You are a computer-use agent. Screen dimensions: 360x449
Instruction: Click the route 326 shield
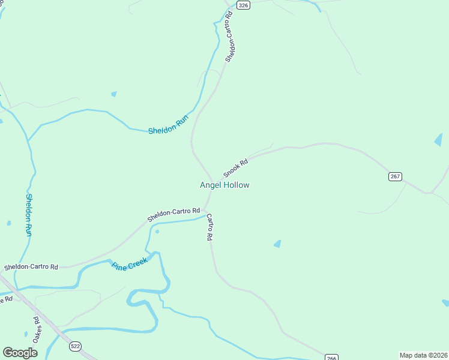[243, 5]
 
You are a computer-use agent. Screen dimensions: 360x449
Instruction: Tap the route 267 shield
[395, 176]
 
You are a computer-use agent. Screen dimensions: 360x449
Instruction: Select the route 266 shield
[332, 356]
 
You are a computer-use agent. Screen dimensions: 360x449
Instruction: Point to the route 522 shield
[75, 346]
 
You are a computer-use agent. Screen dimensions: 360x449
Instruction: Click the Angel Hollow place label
[224, 185]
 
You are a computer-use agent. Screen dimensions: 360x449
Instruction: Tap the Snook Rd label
[235, 168]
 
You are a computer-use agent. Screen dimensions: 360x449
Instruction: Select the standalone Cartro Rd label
[209, 227]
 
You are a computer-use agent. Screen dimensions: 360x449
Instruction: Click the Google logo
[20, 353]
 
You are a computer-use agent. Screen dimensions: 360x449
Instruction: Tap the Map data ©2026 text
[423, 355]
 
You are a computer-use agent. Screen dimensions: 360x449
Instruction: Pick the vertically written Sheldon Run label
[28, 214]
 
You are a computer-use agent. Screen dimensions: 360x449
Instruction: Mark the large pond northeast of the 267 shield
[439, 140]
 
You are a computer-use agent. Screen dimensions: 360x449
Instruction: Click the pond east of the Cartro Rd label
[277, 244]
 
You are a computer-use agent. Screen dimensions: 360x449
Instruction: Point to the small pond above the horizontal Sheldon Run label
[114, 94]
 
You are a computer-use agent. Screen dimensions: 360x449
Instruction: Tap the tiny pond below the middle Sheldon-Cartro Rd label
[157, 231]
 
